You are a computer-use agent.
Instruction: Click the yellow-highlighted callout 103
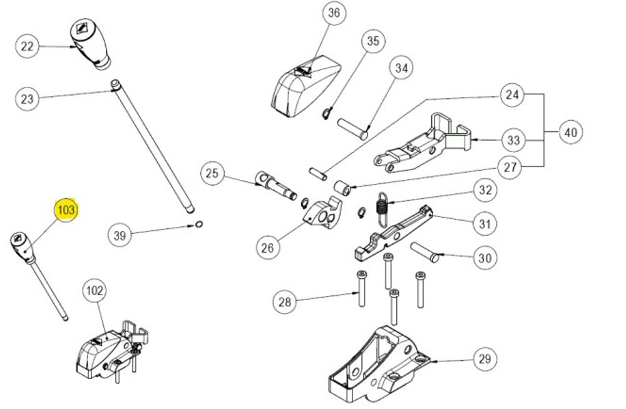[66, 210]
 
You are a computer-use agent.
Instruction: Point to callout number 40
[570, 133]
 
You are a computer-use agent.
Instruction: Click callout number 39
[120, 235]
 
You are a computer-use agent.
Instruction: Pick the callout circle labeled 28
[285, 302]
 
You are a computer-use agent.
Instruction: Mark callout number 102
[95, 291]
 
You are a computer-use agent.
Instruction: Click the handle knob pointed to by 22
[90, 43]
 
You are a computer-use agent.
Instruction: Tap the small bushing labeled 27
[342, 186]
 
